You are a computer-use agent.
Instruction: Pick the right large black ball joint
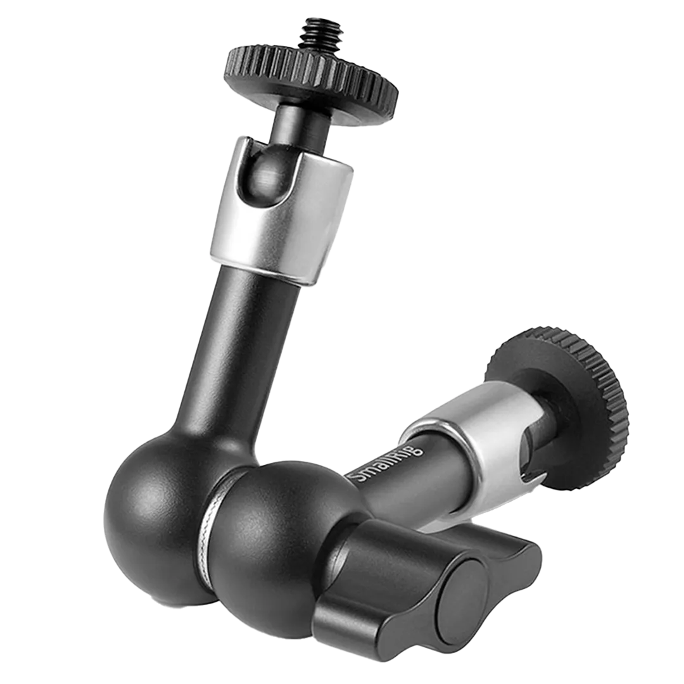click(279, 541)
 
